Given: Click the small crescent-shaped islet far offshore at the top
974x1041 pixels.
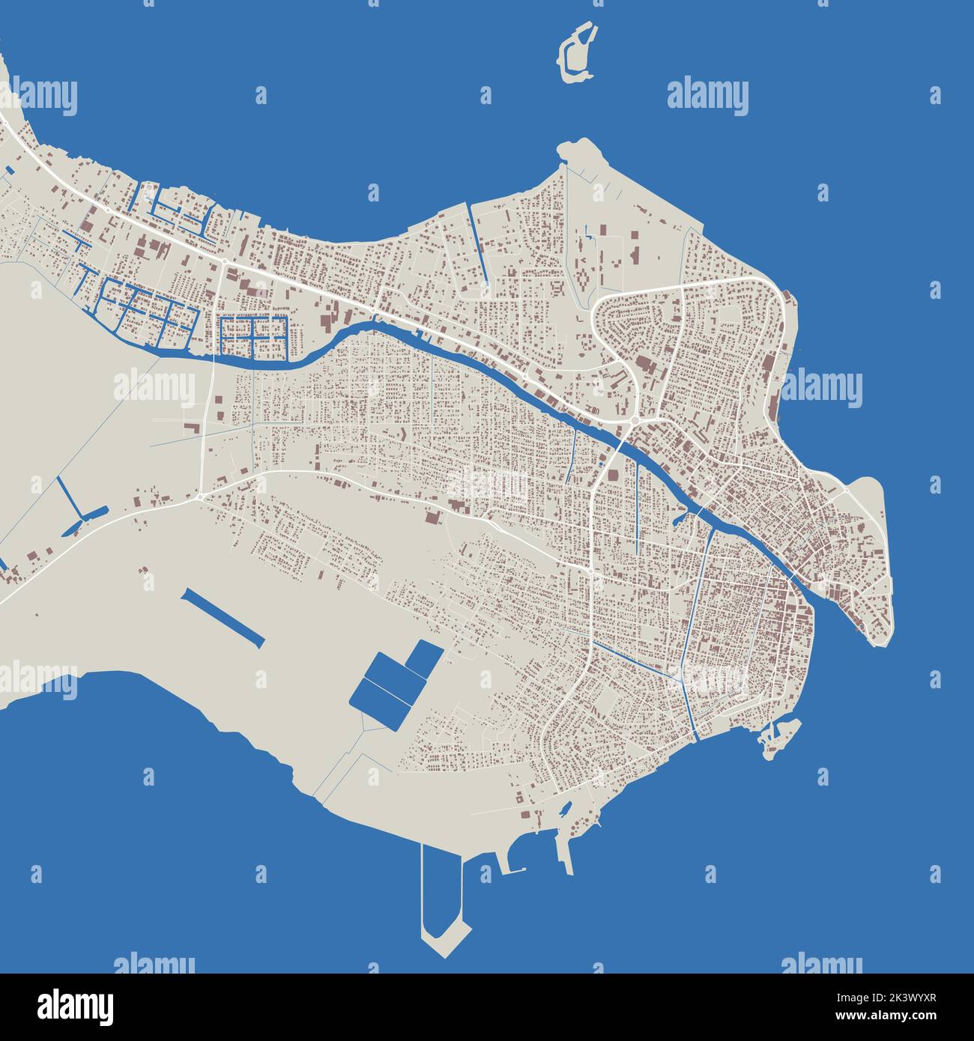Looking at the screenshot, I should [x=578, y=52].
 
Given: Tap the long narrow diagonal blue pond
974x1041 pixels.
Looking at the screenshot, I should [x=223, y=617].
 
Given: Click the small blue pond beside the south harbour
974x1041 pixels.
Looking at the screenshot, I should [x=566, y=808].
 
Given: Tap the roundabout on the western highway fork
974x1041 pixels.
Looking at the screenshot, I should [x=201, y=497].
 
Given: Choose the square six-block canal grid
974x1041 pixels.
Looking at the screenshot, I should [x=255, y=336].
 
